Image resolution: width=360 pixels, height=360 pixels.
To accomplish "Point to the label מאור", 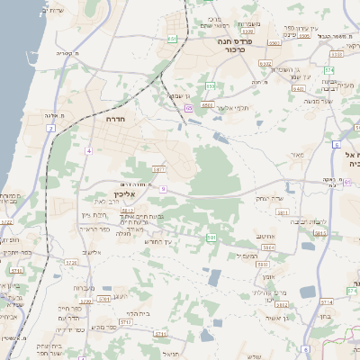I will point(297,155).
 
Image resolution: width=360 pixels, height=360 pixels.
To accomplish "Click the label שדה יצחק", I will point(270,198).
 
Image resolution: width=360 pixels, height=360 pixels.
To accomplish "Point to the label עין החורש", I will point(157,242).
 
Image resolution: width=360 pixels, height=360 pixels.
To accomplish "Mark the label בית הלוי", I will point(139,314).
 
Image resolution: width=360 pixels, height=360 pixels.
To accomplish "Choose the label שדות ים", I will point(52,9).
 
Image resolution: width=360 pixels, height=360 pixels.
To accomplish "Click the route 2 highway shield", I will point(51,130).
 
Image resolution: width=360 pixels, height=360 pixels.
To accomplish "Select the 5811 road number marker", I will point(282,213).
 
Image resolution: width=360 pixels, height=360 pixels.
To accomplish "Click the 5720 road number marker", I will point(69,263).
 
